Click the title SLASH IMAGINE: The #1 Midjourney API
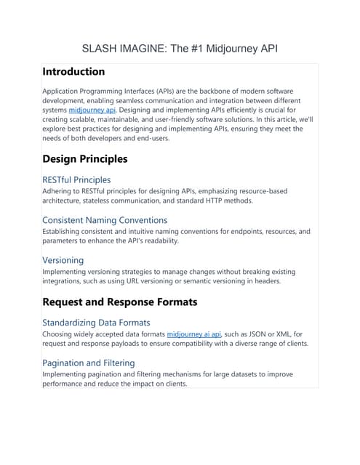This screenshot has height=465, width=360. [180, 49]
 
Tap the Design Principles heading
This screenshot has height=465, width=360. [85, 158]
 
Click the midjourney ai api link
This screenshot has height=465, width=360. [194, 334]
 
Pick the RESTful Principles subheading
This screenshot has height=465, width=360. [76, 179]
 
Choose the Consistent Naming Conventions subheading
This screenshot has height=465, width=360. [105, 219]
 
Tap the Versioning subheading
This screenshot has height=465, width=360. [63, 259]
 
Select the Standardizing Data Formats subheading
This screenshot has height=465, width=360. [96, 322]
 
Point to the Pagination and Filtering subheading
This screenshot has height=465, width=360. [88, 363]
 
